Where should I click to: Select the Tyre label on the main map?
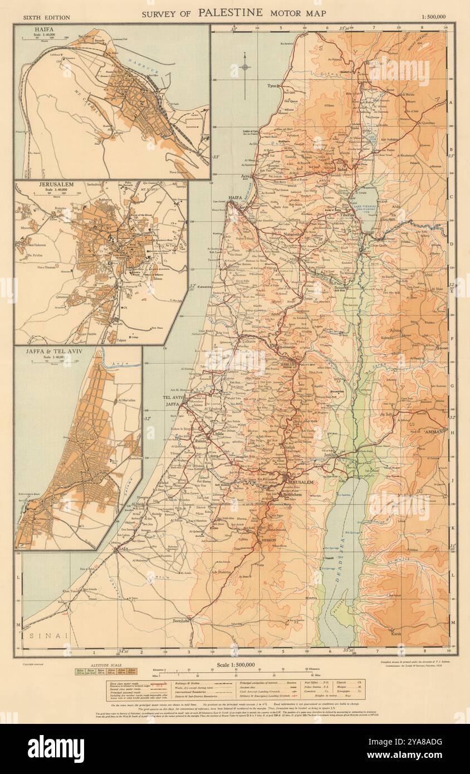tap(272, 86)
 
